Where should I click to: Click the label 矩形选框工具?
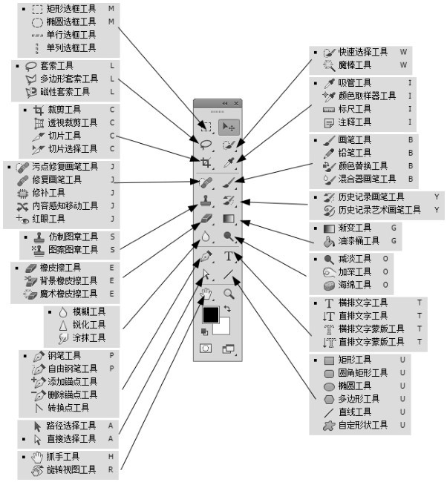point(71,9)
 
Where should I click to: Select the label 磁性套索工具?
point(65,92)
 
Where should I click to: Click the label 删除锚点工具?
point(73,394)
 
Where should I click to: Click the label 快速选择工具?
point(364,53)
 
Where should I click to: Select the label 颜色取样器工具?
point(367,96)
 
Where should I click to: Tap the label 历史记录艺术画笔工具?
point(380,211)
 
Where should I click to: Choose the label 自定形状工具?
point(364,425)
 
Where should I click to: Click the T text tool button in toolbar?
point(229,257)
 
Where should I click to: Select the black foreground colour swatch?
point(211,314)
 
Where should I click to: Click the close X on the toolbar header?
point(237,103)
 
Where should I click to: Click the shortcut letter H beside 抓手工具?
point(110,456)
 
